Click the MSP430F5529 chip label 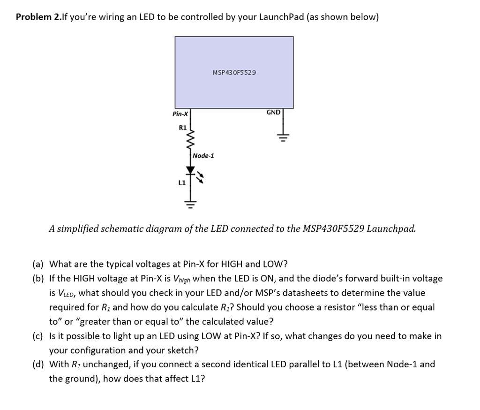point(234,73)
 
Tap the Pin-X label point(180,114)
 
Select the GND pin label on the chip point(273,113)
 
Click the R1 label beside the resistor point(182,127)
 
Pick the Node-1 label point(203,156)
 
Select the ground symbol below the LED point(190,204)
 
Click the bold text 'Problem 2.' point(38,17)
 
